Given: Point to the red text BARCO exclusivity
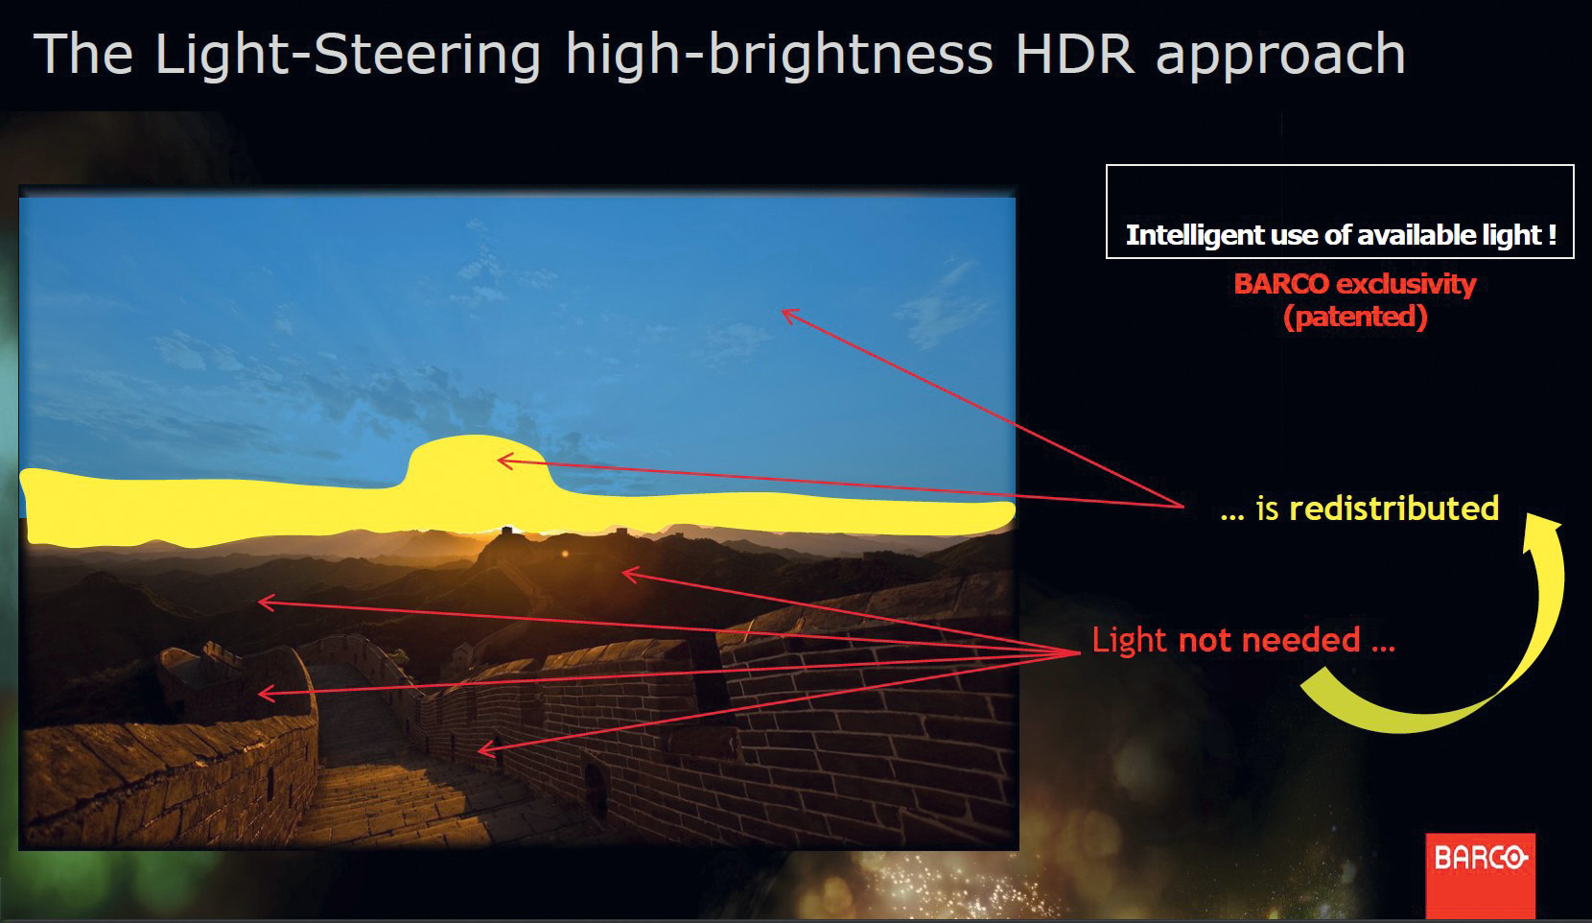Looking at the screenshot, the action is pos(1355,284).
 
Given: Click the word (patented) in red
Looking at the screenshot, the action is pos(1355,317).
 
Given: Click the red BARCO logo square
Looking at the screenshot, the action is pos(1481,877).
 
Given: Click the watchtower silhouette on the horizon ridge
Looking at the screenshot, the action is pos(506,532).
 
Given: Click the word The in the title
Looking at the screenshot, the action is pos(83,54).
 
